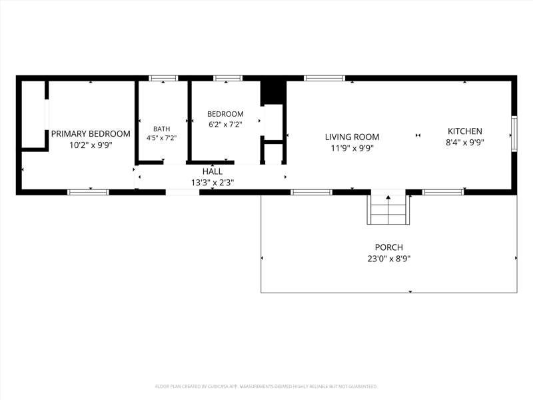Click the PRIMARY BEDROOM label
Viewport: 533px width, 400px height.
[x=91, y=134]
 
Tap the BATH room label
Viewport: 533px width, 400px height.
[x=161, y=129]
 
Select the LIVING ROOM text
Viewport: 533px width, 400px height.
[x=352, y=137]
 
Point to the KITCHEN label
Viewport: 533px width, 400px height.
[x=464, y=131]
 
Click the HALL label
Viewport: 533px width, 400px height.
[x=213, y=171]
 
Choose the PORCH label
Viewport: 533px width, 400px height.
[x=389, y=247]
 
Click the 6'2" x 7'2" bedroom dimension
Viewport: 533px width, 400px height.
[x=225, y=125]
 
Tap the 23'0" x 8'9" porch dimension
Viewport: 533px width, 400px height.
[x=389, y=259]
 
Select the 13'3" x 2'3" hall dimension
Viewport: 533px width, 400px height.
[x=213, y=183]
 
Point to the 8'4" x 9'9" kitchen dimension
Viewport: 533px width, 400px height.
[x=464, y=143]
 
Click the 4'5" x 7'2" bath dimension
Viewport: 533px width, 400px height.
[x=161, y=138]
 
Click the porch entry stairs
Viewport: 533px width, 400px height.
[x=388, y=209]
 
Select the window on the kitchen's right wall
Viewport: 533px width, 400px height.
[x=514, y=134]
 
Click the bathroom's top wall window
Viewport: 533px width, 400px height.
[x=163, y=78]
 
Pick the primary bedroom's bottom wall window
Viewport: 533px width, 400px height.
[x=88, y=192]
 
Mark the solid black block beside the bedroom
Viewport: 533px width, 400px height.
[x=273, y=93]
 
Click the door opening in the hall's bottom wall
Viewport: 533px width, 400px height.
[x=183, y=192]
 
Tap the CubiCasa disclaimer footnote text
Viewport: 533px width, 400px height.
[x=266, y=387]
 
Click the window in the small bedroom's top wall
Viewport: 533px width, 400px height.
[x=228, y=78]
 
